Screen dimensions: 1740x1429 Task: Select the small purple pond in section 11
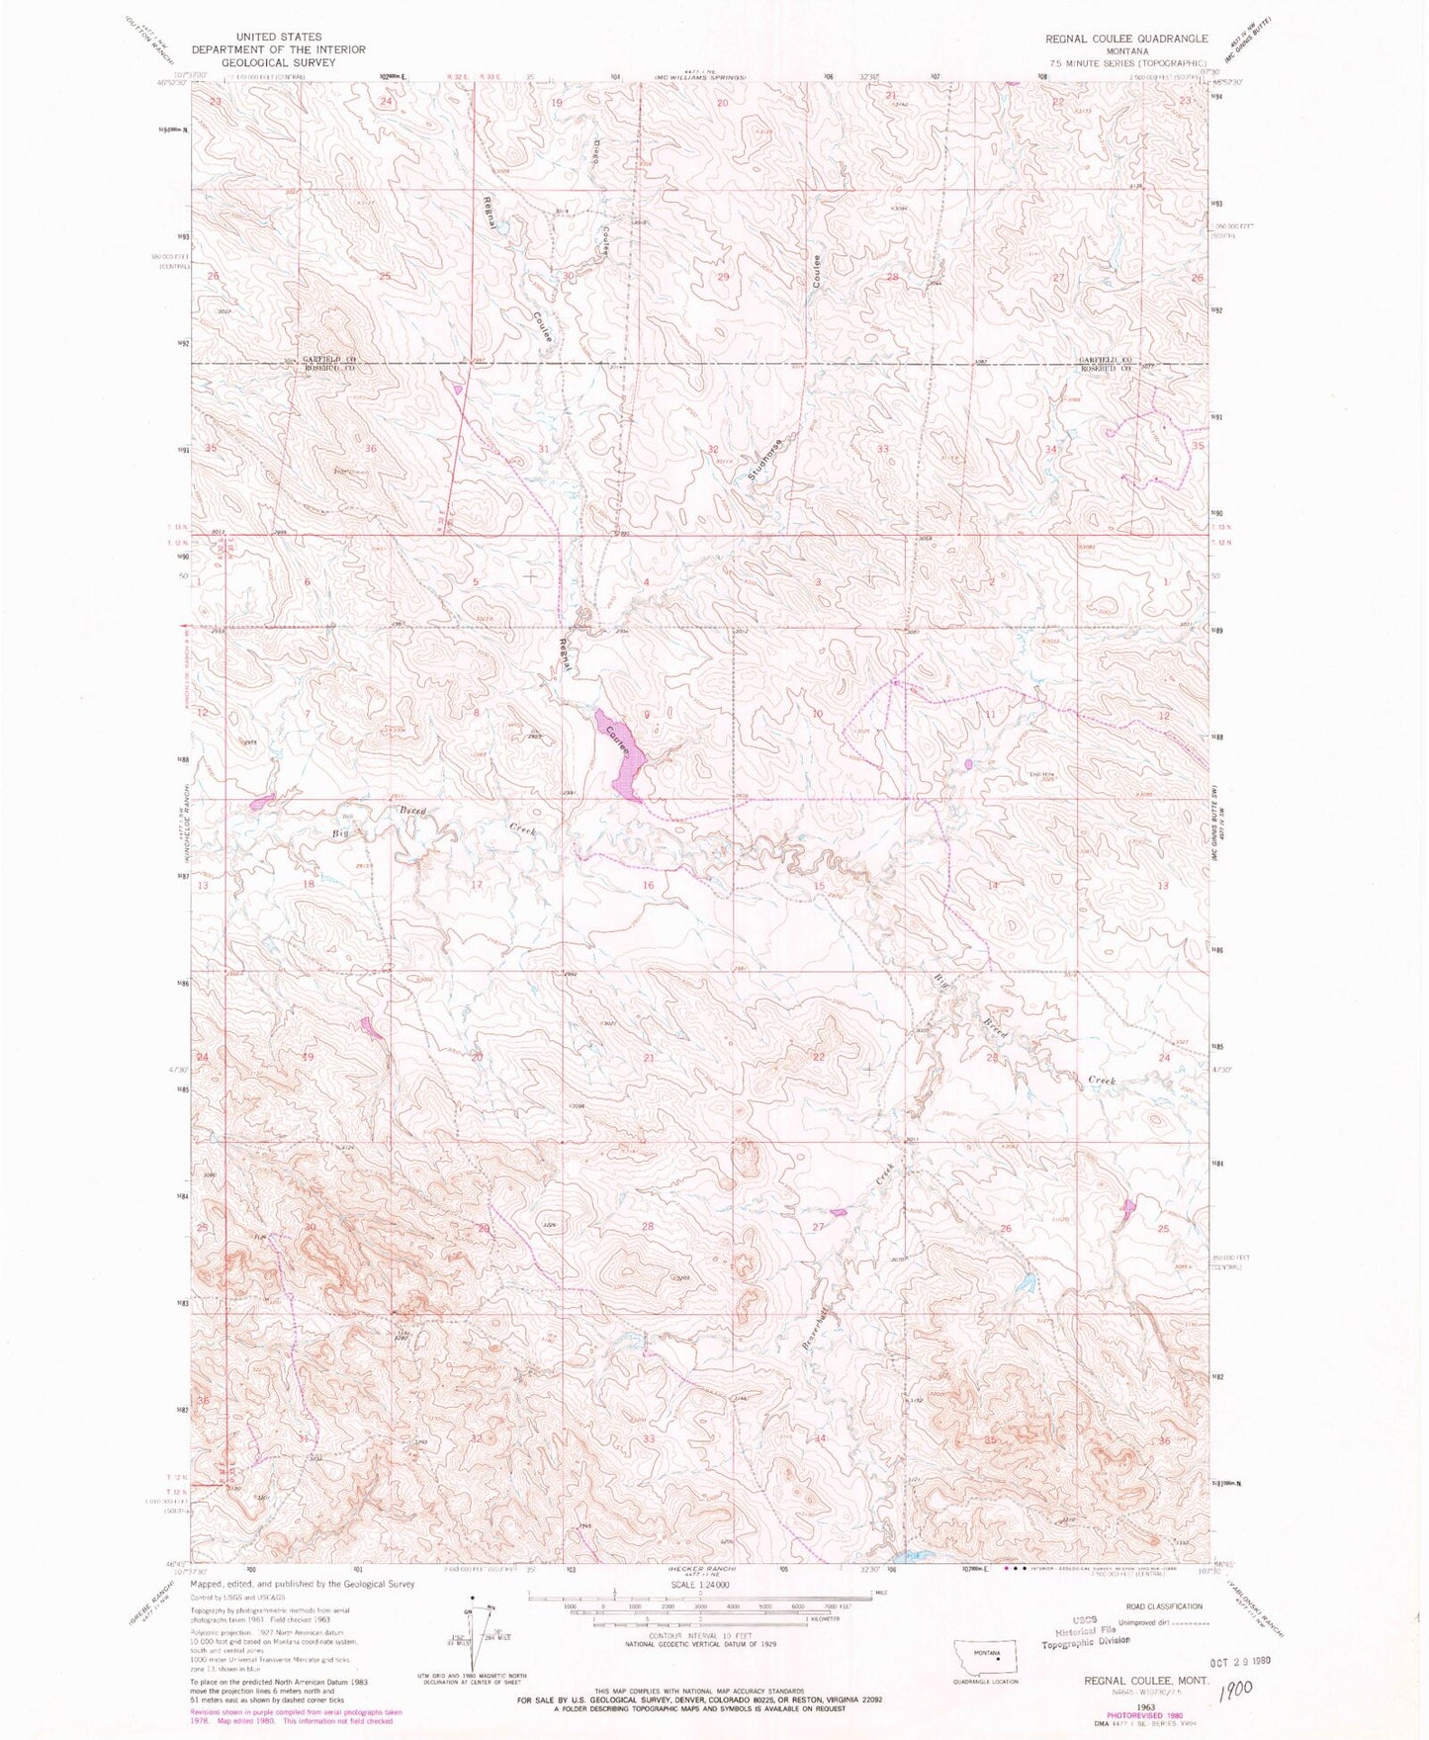[968, 764]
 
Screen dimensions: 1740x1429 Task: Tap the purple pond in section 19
[371, 1028]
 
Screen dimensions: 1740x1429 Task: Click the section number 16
[648, 885]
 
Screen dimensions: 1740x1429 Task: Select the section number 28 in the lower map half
[648, 1227]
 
